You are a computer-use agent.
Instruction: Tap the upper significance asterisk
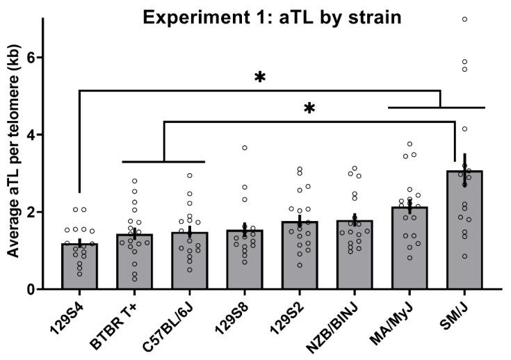[260, 79]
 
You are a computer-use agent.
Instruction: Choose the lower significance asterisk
[309, 110]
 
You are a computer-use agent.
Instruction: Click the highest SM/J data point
[464, 19]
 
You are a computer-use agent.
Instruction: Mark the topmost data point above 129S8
[245, 148]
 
